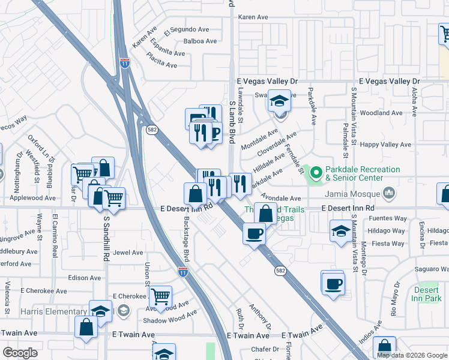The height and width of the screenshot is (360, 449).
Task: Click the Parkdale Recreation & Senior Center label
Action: pyautogui.click(x=362, y=174)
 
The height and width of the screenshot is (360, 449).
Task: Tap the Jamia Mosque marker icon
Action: pyautogui.click(x=389, y=193)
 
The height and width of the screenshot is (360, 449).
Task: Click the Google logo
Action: pyautogui.click(x=20, y=353)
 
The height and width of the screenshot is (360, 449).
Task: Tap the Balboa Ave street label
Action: pyautogui.click(x=200, y=41)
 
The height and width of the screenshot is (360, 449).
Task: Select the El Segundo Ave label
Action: pyautogui.click(x=189, y=29)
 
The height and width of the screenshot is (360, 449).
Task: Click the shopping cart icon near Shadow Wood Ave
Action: pyautogui.click(x=161, y=295)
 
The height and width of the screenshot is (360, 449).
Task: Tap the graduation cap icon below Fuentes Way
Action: pyautogui.click(x=341, y=230)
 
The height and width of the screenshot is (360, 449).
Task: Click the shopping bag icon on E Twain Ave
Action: pyautogui.click(x=86, y=327)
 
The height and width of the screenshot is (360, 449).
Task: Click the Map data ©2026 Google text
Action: pyautogui.click(x=412, y=355)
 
